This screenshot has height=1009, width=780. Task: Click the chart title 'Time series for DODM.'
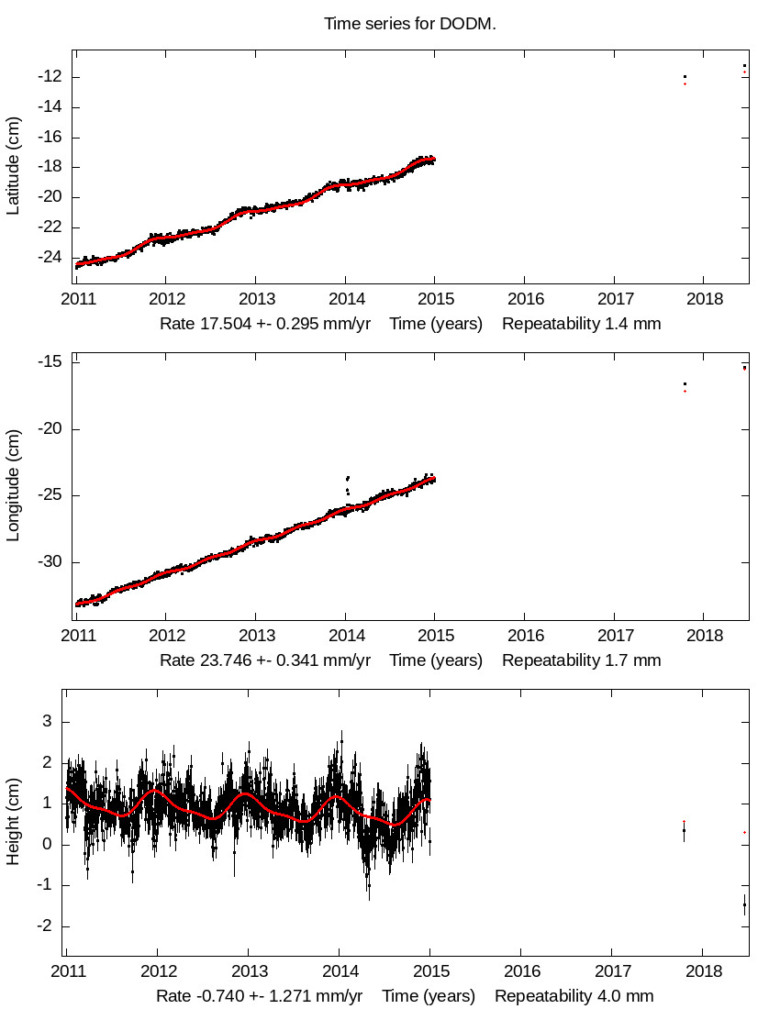[x=410, y=23]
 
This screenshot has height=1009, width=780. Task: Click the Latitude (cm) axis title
[x=13, y=167]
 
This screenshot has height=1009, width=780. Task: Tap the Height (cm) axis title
[x=13, y=822]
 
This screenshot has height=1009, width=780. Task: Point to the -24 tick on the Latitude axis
[x=50, y=257]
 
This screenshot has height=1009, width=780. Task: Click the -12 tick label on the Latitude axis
[x=50, y=76]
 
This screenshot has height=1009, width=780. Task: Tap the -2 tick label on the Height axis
[x=41, y=926]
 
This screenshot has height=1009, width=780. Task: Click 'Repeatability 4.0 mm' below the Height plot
[x=574, y=995]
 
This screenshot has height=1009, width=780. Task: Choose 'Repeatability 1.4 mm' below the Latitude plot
[x=581, y=324]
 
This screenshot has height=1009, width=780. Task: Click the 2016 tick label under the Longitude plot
[x=524, y=635]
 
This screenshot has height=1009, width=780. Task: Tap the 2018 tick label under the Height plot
[x=704, y=970]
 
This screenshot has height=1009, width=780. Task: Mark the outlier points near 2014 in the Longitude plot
[x=347, y=483]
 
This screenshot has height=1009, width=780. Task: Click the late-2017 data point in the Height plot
[x=684, y=830]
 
